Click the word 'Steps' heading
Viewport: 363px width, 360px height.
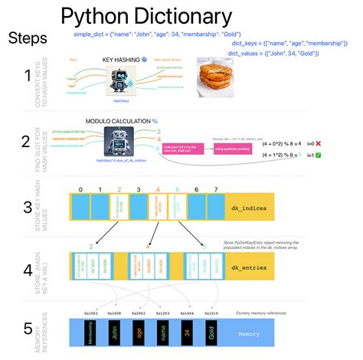point(28,38)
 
